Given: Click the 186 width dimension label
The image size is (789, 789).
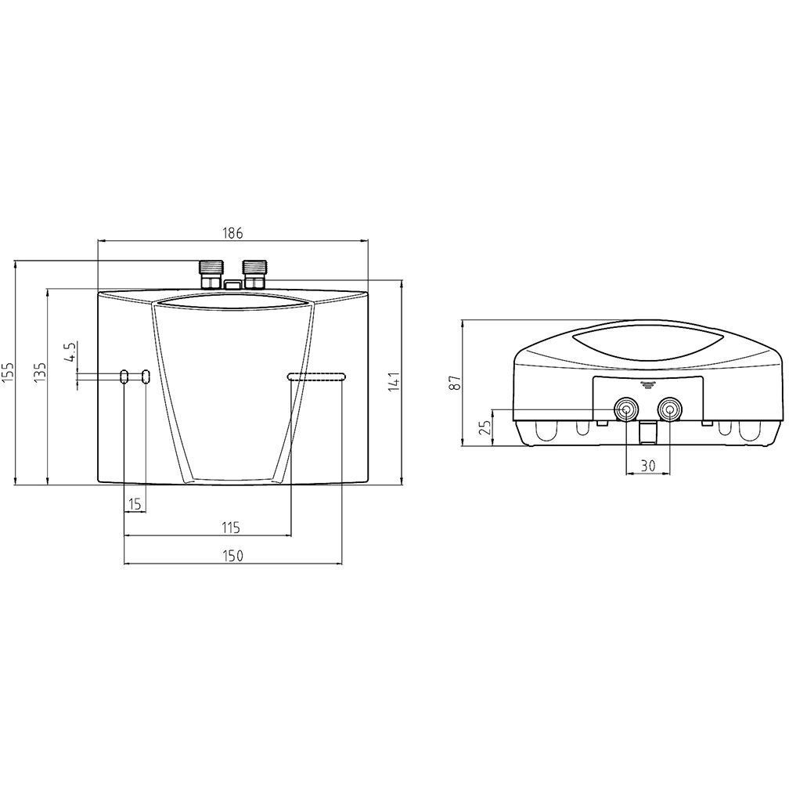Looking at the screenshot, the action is (x=232, y=233).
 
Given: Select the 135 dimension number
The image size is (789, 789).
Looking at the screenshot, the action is (x=40, y=372).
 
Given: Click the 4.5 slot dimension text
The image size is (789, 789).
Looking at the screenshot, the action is (x=71, y=351).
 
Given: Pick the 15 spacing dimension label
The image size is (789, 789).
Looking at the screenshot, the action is (x=135, y=503).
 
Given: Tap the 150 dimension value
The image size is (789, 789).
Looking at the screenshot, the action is (x=232, y=556).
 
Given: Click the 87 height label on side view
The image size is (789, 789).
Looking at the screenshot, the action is (x=455, y=383).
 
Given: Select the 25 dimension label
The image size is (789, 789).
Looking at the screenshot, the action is (x=486, y=427).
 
